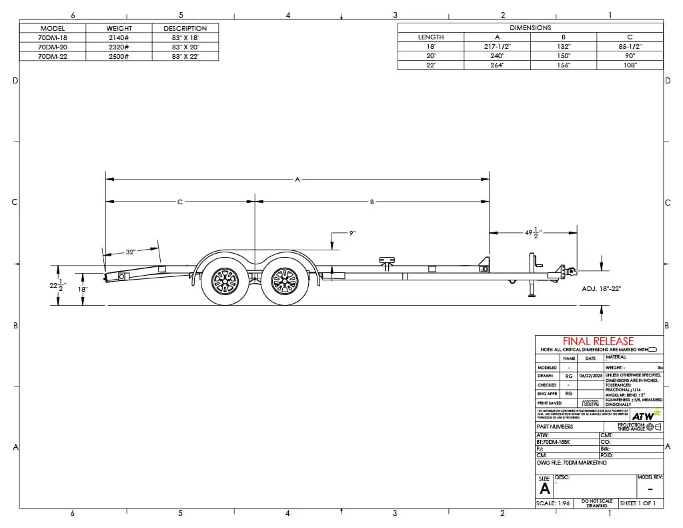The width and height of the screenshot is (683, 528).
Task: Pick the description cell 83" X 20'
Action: (x=185, y=47)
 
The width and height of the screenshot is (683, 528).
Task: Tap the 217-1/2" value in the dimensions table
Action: (x=496, y=47)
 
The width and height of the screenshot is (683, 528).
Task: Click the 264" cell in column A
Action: (x=496, y=65)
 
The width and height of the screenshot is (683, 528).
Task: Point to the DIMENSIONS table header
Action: (x=530, y=27)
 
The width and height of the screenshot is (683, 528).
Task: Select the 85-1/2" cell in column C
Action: (x=629, y=47)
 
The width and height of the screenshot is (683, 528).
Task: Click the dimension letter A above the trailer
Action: (x=297, y=179)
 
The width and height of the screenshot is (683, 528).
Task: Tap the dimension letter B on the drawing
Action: (x=372, y=201)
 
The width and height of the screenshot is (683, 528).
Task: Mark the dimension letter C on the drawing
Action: (x=179, y=201)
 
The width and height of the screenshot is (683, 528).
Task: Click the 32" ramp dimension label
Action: (x=131, y=252)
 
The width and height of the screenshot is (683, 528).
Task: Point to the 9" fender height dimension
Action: (x=352, y=233)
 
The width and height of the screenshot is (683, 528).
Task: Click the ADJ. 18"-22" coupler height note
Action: (x=601, y=288)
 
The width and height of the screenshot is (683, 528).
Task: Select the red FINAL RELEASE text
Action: (x=598, y=341)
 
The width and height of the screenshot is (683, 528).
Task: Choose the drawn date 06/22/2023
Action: (x=590, y=376)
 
